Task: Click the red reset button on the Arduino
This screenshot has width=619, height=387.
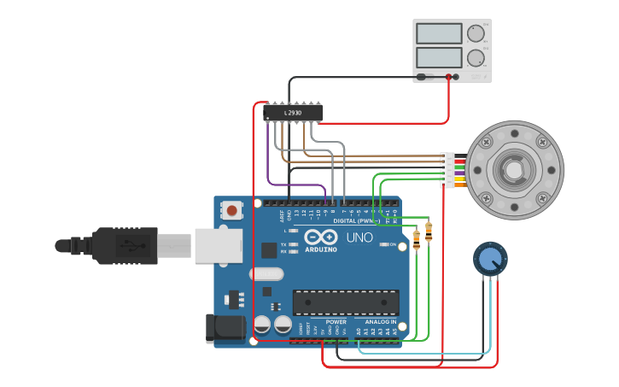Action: coord(231,209)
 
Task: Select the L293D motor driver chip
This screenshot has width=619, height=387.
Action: coord(294,112)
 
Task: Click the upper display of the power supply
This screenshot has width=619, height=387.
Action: coord(438,33)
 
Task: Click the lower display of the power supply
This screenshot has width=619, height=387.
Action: coord(438,58)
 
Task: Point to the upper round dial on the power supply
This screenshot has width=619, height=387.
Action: coord(475,33)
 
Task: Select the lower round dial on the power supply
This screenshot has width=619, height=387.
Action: coord(475,58)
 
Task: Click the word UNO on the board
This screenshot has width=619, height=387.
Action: coord(359,237)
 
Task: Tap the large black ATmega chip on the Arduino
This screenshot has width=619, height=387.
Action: coord(345,302)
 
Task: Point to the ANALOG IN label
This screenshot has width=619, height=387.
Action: coord(381,322)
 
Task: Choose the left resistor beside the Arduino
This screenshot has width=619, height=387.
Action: coord(416,240)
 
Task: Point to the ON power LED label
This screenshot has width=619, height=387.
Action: coord(394,245)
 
